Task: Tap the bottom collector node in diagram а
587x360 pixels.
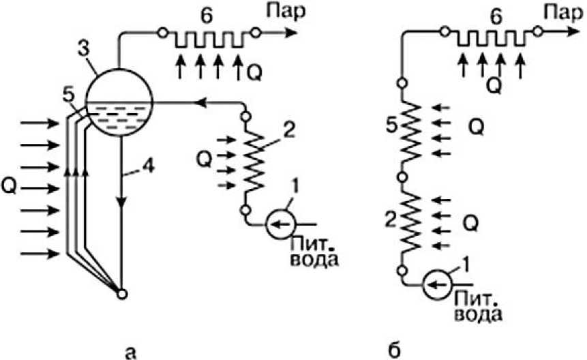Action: point(121,294)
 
